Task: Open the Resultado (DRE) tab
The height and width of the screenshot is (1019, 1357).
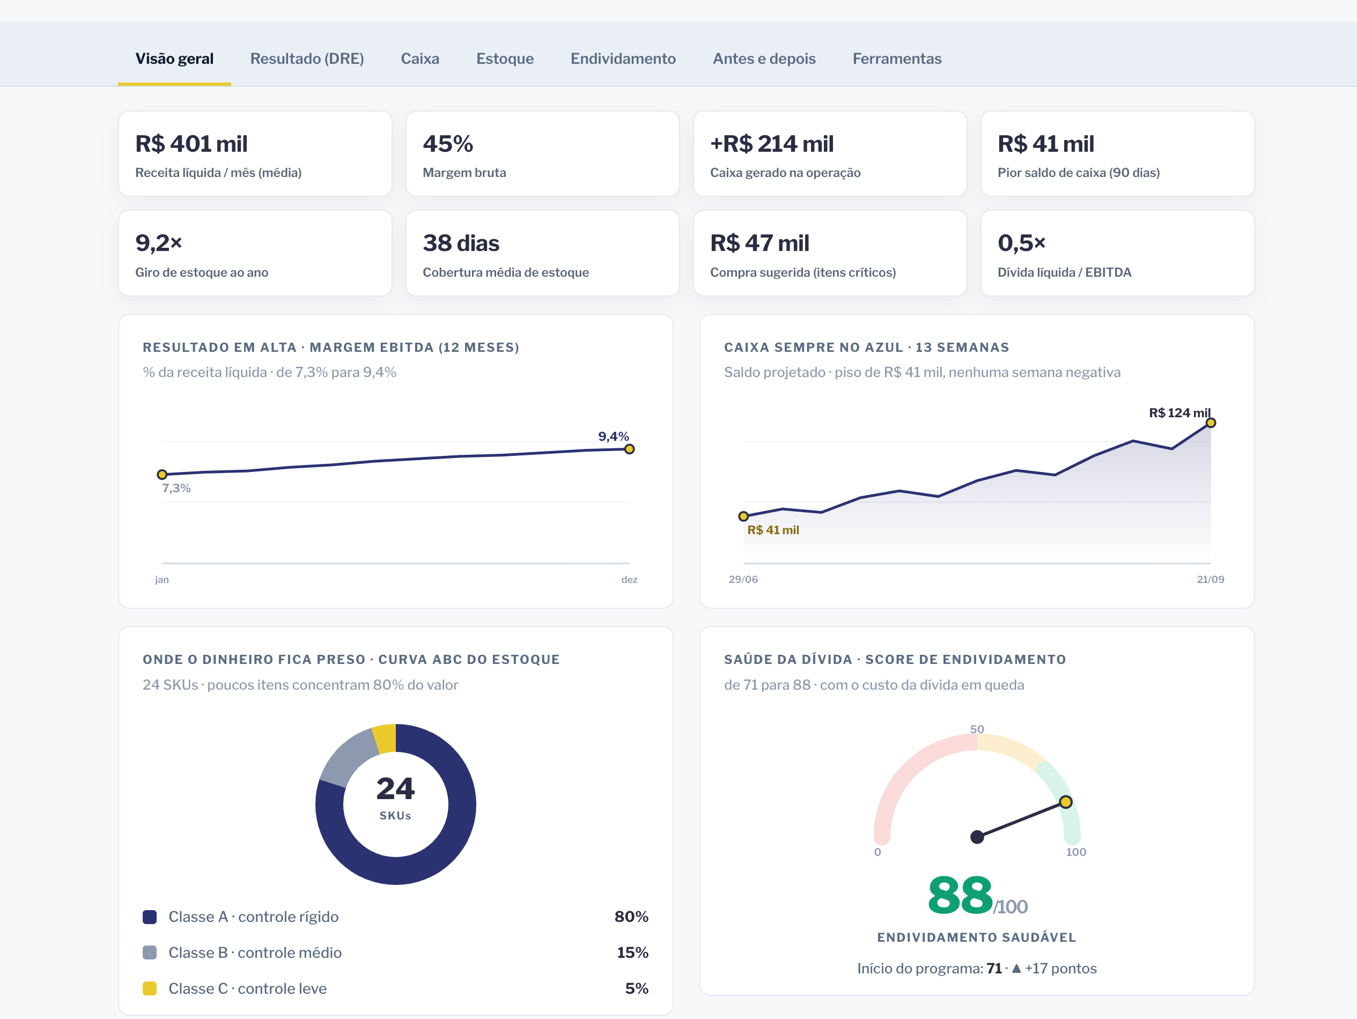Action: (307, 59)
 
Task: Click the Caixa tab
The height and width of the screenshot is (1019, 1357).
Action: (419, 59)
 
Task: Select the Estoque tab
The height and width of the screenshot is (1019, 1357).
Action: (505, 59)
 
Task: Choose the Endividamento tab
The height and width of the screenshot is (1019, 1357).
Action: (623, 59)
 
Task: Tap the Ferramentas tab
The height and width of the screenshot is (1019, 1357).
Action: (897, 59)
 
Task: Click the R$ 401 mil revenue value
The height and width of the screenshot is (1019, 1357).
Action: (191, 144)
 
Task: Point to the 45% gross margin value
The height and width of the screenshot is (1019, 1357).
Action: (448, 144)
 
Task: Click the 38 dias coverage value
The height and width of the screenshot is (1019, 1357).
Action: (461, 243)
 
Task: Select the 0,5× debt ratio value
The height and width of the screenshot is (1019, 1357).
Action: (1021, 243)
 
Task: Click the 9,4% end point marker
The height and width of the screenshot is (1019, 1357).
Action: (629, 449)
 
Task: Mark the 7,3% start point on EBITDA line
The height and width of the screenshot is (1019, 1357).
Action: (162, 474)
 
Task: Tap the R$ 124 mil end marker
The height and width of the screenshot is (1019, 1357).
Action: (1211, 423)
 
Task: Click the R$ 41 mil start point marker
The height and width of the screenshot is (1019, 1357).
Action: (743, 516)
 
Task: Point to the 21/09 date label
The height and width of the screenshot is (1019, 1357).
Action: (1211, 579)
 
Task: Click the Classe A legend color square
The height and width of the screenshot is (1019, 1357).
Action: (150, 917)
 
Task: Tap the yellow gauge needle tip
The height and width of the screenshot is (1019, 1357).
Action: (1066, 802)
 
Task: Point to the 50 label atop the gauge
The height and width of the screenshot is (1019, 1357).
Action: (977, 729)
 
